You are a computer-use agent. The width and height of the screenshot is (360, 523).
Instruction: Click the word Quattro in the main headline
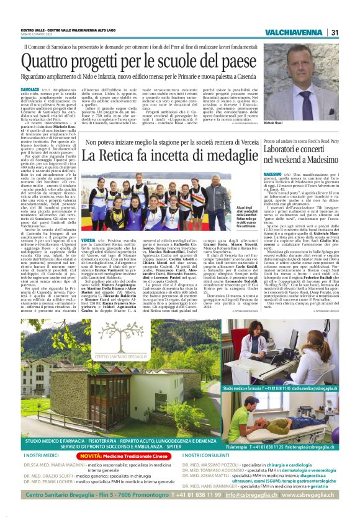pos(52,61)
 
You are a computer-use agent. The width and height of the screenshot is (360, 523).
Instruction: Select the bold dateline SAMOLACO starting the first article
pos(30,90)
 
